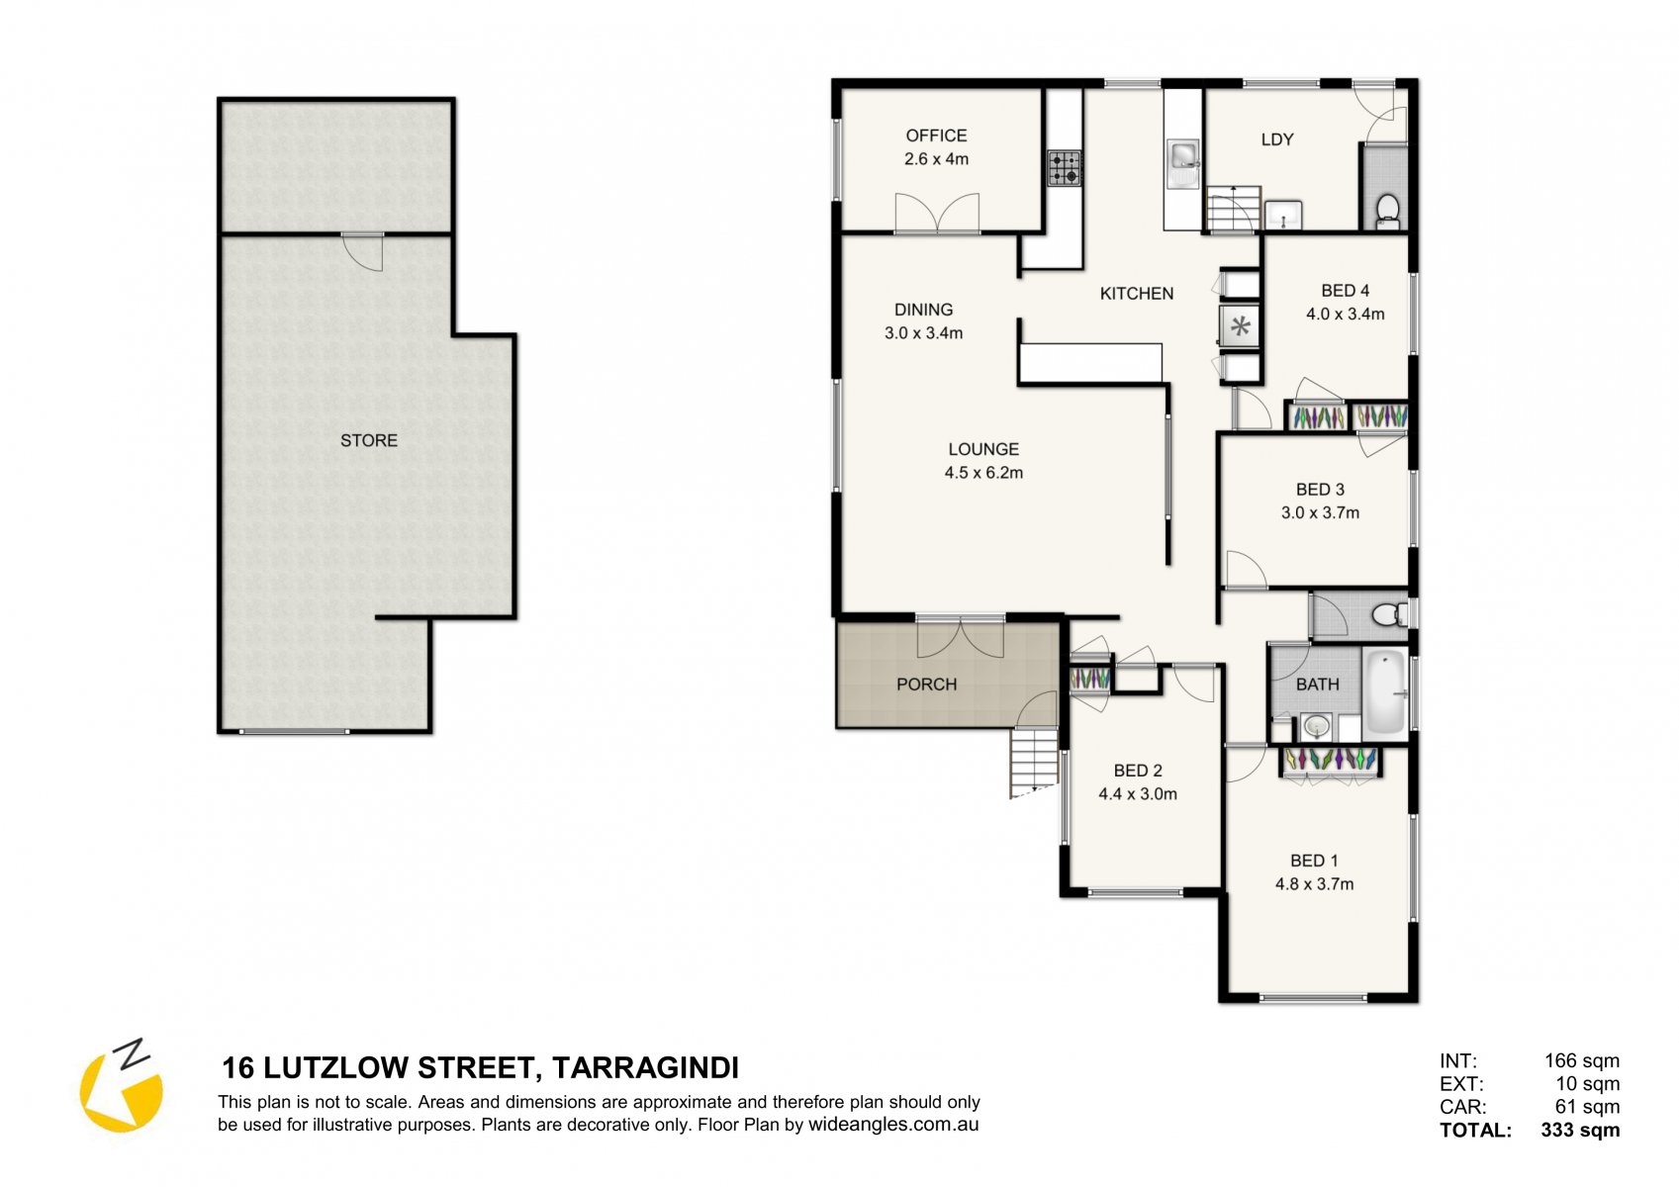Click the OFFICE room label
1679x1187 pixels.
pos(936,136)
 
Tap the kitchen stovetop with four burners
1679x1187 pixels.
pos(1065,168)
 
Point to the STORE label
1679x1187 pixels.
pos(369,440)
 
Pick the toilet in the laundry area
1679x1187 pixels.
pos(1388,211)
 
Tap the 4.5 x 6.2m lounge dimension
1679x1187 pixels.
pos(983,473)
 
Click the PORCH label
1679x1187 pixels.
pos(926,685)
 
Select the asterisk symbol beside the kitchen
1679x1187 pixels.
pos(1241,326)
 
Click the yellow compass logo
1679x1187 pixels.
pos(122,1086)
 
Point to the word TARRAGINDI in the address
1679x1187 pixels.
pos(645,1068)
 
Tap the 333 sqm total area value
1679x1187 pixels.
pos(1580,1130)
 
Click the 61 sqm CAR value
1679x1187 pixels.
pos(1588,1107)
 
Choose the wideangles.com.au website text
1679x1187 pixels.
pos(893,1125)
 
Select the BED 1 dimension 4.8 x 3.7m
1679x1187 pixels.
pos(1315,884)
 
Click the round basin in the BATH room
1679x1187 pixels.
pos(1316,725)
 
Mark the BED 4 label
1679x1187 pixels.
pos(1346,290)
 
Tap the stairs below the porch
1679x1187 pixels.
pos(1034,763)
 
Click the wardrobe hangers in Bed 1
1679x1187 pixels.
pos(1331,760)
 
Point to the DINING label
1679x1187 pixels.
pos(923,310)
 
